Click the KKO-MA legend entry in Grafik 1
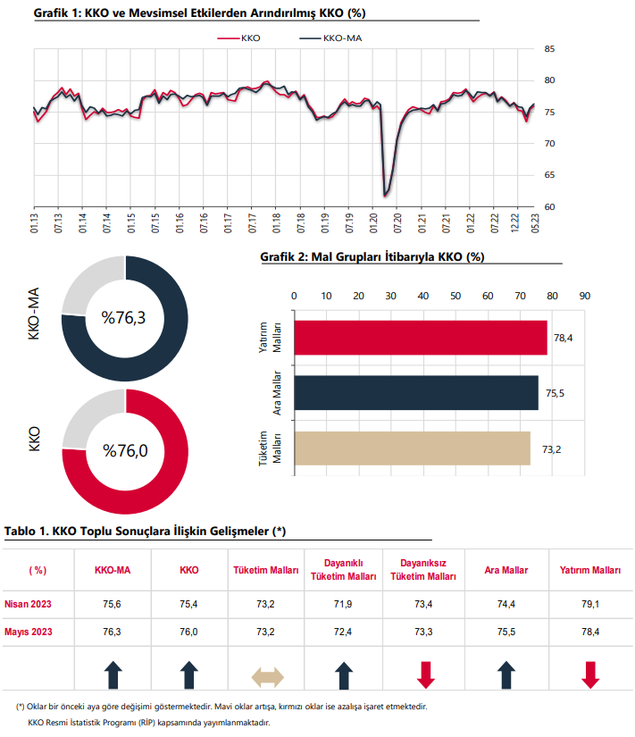(x=330, y=38)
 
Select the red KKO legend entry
(x=238, y=38)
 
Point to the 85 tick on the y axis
(x=549, y=49)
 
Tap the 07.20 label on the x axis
(x=397, y=223)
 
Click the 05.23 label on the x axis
(x=535, y=223)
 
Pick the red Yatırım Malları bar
(x=421, y=338)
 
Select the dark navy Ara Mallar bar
(x=416, y=393)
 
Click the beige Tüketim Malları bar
(x=413, y=448)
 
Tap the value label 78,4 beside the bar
(x=563, y=338)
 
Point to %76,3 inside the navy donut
(x=123, y=318)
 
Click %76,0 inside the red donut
(x=125, y=451)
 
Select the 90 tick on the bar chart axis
(x=584, y=296)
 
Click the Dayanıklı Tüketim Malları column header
(x=344, y=570)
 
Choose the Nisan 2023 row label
(x=28, y=604)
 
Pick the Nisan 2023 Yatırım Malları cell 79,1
(x=590, y=604)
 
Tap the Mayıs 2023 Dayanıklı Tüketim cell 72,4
(x=343, y=632)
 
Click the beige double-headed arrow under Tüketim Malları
(x=267, y=677)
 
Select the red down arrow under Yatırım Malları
(x=590, y=675)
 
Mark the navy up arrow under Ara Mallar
(x=506, y=675)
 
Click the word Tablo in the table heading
(x=20, y=532)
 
